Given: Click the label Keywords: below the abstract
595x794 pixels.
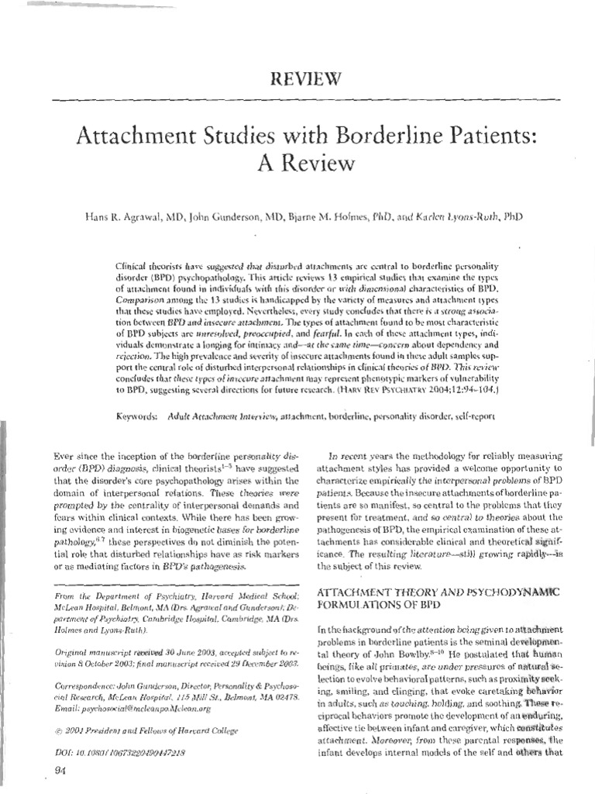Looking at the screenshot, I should (138, 416).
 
